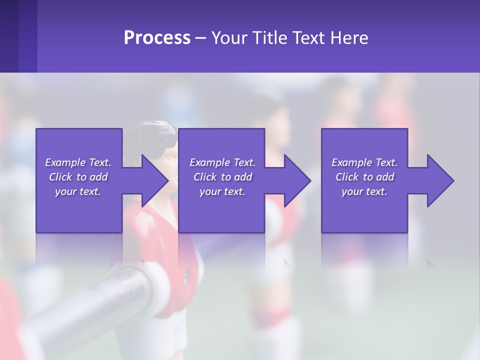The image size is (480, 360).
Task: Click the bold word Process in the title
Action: click(157, 37)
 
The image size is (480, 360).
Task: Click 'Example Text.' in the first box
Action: click(78, 162)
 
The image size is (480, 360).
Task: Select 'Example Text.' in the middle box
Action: click(222, 162)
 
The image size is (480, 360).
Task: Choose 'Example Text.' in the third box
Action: click(364, 162)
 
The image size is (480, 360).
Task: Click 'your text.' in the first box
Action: click(78, 191)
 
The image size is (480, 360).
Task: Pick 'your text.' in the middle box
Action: click(222, 191)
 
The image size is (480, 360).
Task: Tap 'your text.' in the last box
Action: click(364, 191)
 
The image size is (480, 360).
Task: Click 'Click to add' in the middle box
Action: click(222, 177)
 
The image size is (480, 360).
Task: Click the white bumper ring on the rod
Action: click(157, 280)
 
